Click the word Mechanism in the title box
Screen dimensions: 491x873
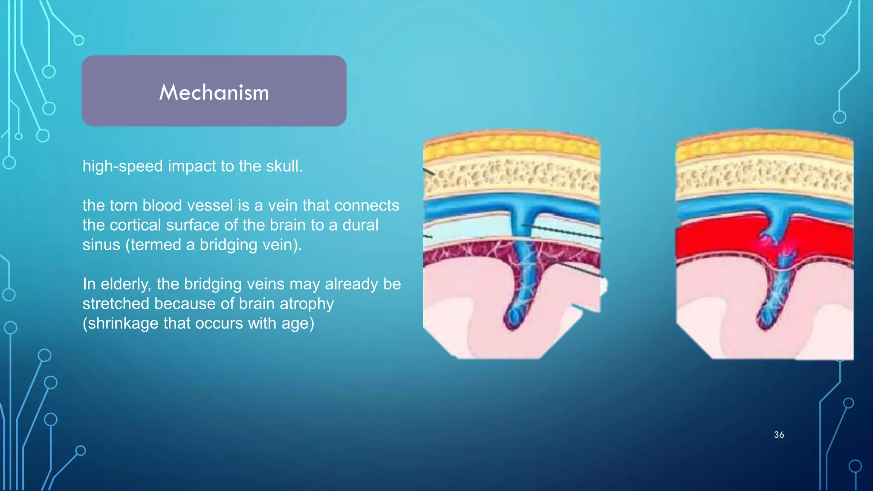click(x=214, y=92)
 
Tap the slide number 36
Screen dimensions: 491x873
click(x=779, y=435)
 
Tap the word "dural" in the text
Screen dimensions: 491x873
click(x=360, y=225)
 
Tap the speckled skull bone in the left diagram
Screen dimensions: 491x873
click(x=512, y=177)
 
